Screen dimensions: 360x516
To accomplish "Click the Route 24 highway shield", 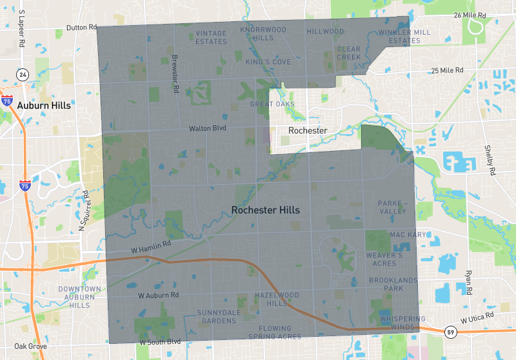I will pyautogui.click(x=23, y=74).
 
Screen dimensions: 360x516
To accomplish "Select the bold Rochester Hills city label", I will pyautogui.click(x=265, y=210).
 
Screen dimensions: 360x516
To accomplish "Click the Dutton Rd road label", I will pyautogui.click(x=81, y=28).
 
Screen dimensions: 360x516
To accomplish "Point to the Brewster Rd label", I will pyautogui.click(x=175, y=74).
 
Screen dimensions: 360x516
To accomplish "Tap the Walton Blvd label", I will pyautogui.click(x=205, y=129).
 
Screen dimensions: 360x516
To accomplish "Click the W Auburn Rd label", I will pyautogui.click(x=158, y=295).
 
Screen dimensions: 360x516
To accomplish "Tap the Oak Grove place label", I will pyautogui.click(x=30, y=346).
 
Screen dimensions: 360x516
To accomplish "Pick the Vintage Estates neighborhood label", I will pyautogui.click(x=212, y=37).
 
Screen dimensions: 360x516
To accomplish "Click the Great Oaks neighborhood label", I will pyautogui.click(x=272, y=104).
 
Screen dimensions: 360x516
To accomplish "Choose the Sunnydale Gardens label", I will pyautogui.click(x=217, y=316).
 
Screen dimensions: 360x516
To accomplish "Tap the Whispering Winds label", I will pyautogui.click(x=402, y=323).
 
